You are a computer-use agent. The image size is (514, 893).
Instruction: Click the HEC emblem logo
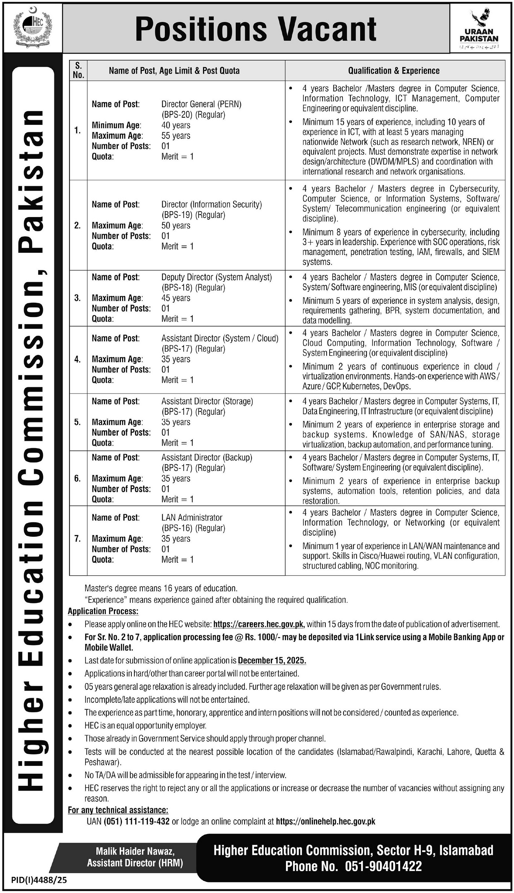(32, 29)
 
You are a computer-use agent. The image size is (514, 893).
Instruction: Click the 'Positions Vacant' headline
(256, 29)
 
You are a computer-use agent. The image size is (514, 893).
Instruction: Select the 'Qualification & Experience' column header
(394, 71)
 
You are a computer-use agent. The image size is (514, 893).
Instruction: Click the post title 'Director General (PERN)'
(201, 104)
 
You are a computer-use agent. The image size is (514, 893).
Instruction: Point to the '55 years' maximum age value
(176, 136)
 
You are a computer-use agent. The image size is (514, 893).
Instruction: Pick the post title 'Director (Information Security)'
(211, 204)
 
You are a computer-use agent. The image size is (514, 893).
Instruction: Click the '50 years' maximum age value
(176, 226)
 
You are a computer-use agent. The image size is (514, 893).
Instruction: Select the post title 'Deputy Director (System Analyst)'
(217, 277)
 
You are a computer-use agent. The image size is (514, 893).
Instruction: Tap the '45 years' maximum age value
(176, 298)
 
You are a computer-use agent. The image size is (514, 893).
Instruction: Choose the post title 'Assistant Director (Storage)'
(207, 401)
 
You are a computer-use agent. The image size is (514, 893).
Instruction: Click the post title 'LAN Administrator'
(192, 518)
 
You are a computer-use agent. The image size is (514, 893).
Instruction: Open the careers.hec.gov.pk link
(258, 624)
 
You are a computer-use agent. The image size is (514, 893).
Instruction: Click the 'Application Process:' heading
(103, 611)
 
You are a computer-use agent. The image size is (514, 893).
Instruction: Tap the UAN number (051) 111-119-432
(137, 821)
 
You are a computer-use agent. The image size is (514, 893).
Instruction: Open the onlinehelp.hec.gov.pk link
(325, 821)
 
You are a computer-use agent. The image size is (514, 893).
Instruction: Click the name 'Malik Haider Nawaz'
(135, 851)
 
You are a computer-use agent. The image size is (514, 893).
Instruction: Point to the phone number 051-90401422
(383, 866)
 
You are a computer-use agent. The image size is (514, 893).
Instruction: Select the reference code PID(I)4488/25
(39, 880)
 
